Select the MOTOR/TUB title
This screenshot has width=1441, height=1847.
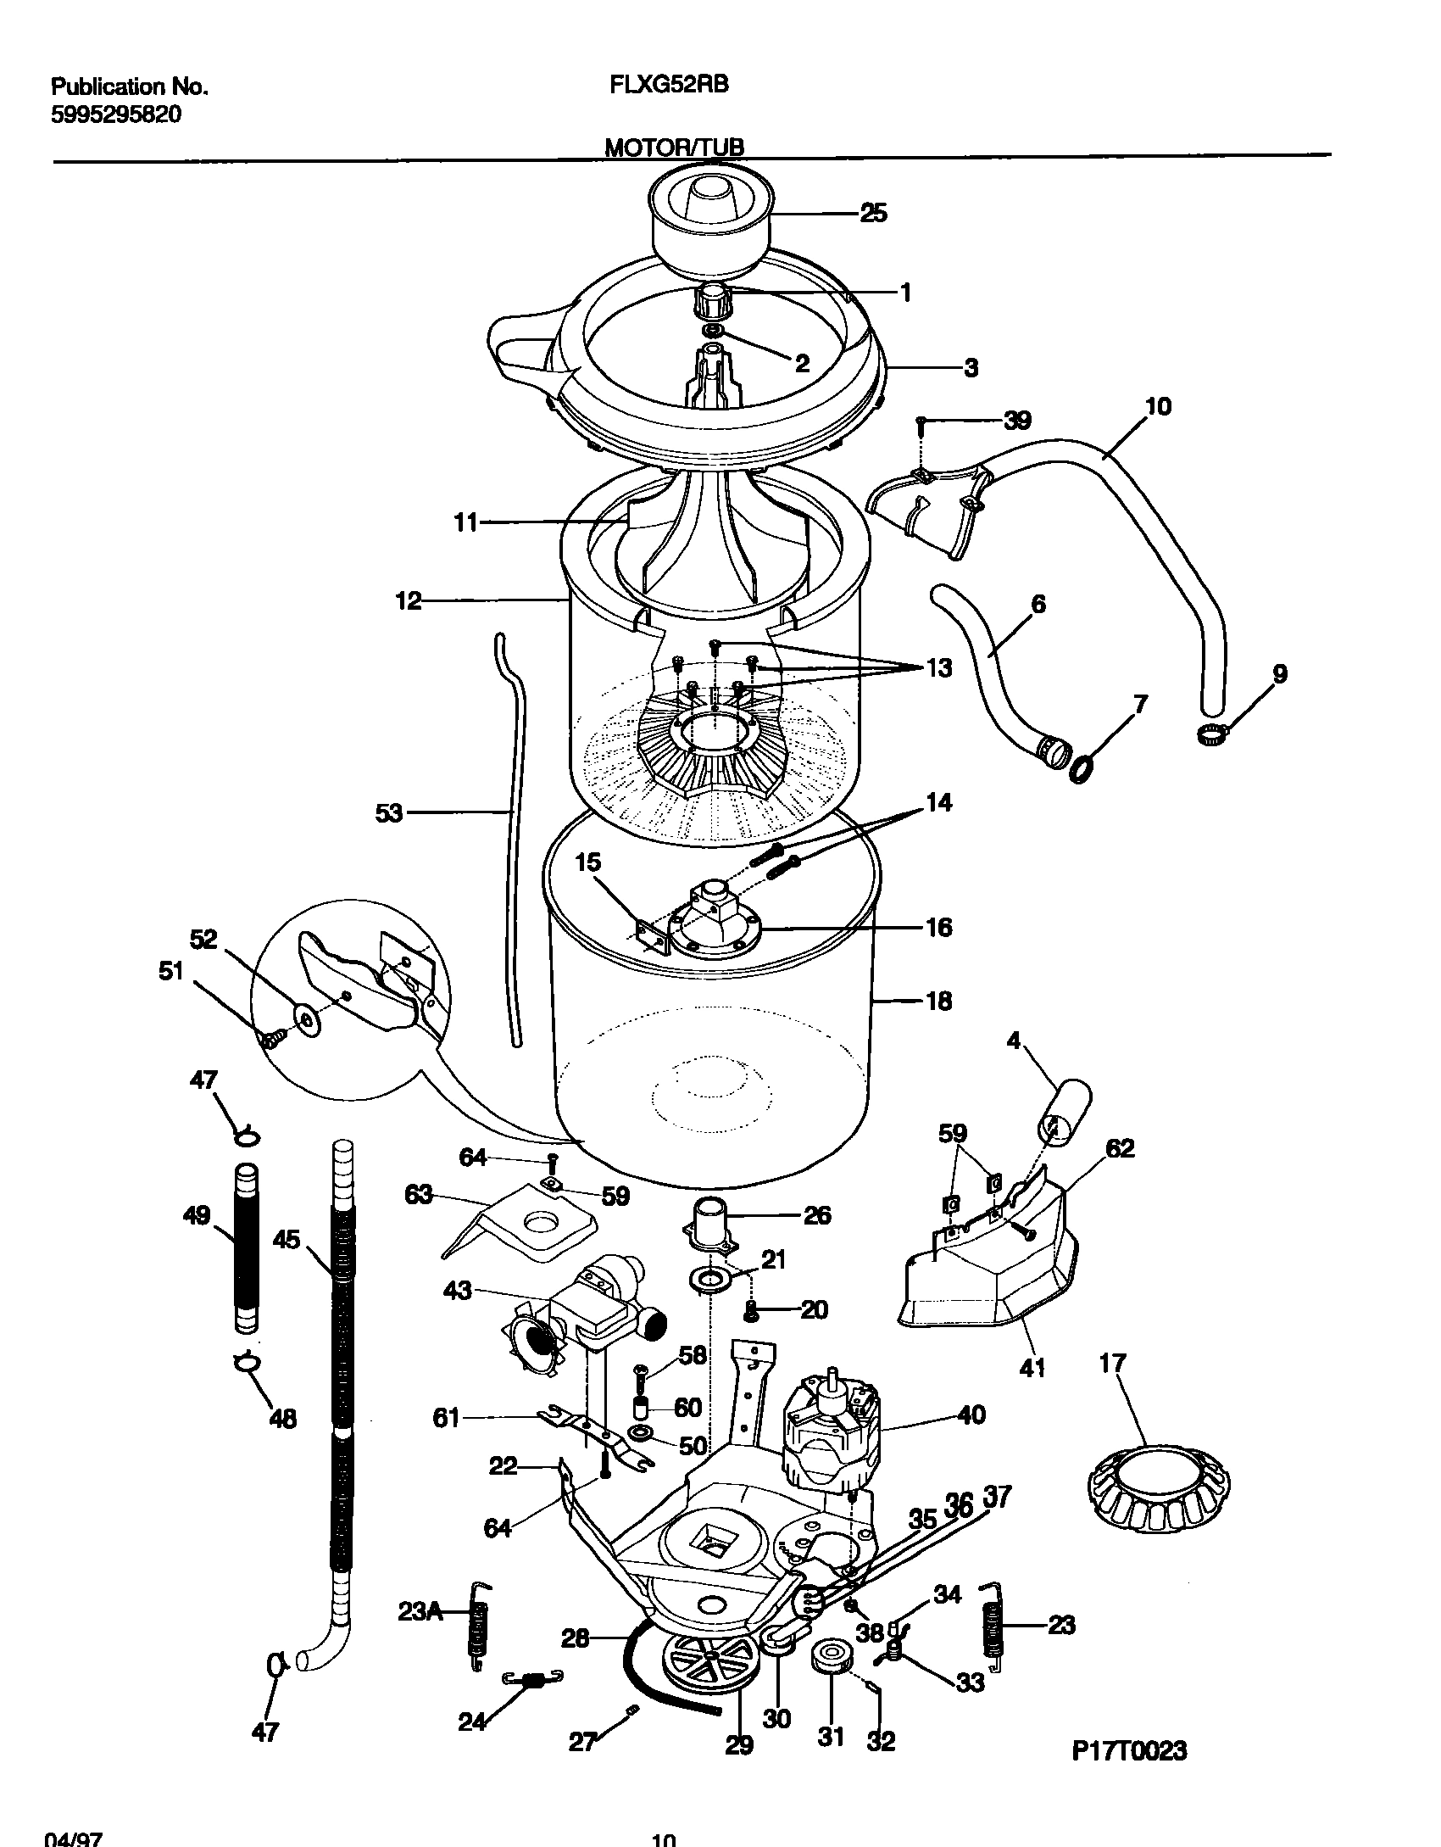674,148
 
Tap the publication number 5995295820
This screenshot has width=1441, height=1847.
116,114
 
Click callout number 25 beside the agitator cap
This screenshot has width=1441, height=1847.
873,213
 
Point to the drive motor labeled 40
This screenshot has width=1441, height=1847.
832,1437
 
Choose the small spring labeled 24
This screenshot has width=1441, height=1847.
532,1677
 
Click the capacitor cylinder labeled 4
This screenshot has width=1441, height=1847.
1064,1112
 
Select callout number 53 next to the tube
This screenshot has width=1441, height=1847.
389,814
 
